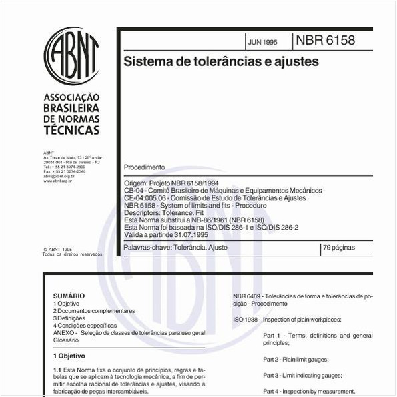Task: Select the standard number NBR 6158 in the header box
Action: tap(326, 41)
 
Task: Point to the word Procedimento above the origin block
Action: tap(144, 167)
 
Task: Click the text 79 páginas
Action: tap(338, 247)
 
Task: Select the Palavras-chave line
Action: tap(176, 247)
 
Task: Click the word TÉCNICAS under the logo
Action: tap(71, 130)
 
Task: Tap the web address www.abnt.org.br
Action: tap(57, 181)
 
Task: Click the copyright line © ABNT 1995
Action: tap(57, 249)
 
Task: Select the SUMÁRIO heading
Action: tap(69, 295)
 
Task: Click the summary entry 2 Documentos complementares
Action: tap(93, 311)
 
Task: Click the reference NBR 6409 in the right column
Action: tap(248, 295)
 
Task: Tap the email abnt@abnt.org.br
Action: tap(59, 176)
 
